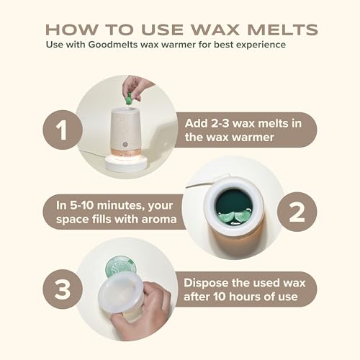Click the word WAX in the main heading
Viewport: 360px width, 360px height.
pyautogui.click(x=215, y=30)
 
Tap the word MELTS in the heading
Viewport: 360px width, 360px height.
pyautogui.click(x=282, y=30)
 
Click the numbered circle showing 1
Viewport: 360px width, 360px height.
pyautogui.click(x=63, y=130)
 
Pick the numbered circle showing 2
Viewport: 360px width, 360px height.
pyautogui.click(x=297, y=212)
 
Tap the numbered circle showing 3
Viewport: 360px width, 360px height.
pyautogui.click(x=63, y=289)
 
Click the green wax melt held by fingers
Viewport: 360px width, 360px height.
pyautogui.click(x=130, y=99)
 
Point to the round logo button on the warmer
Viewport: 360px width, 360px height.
pyautogui.click(x=125, y=145)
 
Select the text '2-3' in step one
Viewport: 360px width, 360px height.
pyautogui.click(x=218, y=123)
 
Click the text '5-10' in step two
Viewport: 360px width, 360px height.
pyautogui.click(x=81, y=205)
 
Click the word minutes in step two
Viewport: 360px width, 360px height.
pyautogui.click(x=121, y=206)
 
